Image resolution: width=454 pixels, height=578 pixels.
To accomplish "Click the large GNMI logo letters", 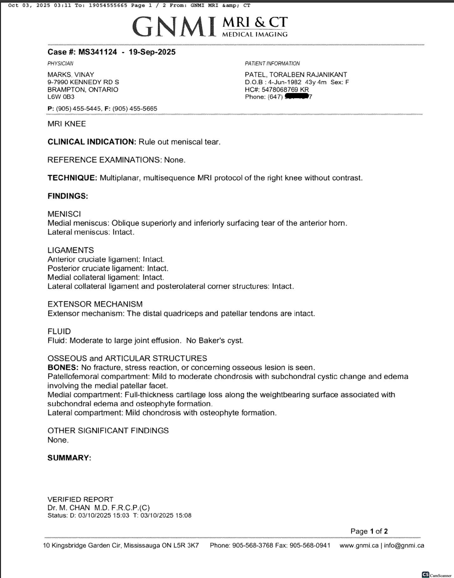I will (174, 27).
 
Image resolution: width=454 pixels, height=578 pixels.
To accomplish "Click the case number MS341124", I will (97, 52).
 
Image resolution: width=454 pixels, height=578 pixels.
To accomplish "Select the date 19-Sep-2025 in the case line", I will (152, 52).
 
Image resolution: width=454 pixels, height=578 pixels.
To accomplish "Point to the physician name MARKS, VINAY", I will (71, 75).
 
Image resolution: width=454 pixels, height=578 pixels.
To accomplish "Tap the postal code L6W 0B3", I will (61, 97).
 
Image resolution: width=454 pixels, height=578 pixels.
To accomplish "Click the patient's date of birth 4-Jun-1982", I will (285, 82).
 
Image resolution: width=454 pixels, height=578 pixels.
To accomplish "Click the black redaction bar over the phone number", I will (296, 96).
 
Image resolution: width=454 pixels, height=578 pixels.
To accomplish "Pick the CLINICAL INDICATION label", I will (92, 142).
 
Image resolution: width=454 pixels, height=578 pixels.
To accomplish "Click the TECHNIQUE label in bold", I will (72, 178).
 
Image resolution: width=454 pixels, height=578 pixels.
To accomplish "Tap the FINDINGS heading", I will (67, 196).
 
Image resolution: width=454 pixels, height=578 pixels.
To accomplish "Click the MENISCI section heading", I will (64, 214).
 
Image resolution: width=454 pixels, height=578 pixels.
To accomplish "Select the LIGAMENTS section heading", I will (70, 250).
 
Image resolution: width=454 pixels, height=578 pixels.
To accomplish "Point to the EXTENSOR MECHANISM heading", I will (95, 304).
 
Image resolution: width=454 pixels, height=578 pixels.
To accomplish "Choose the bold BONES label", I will (63, 368).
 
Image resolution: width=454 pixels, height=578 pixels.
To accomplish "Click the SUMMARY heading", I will (69, 458).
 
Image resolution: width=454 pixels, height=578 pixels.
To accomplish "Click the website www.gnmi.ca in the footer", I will (359, 546).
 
